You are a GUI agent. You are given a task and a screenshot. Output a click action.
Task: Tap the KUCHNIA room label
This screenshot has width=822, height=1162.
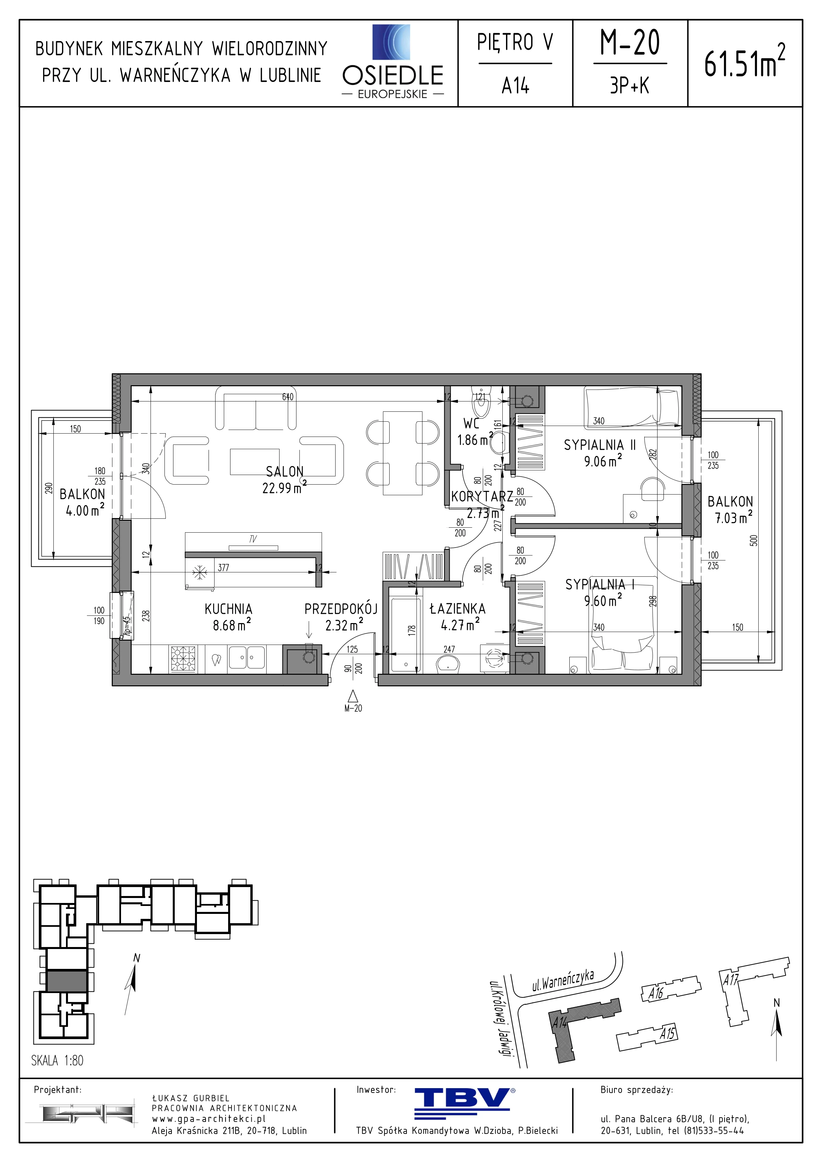pos(228,609)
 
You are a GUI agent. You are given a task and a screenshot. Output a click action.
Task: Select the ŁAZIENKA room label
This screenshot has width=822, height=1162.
pos(457,608)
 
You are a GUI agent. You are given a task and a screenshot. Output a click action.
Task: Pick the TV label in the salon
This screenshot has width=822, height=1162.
pos(253,540)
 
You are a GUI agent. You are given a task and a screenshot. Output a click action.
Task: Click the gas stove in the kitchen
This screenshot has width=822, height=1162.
pos(183,659)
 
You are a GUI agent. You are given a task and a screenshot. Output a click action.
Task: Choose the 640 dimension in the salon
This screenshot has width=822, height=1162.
pos(288,397)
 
